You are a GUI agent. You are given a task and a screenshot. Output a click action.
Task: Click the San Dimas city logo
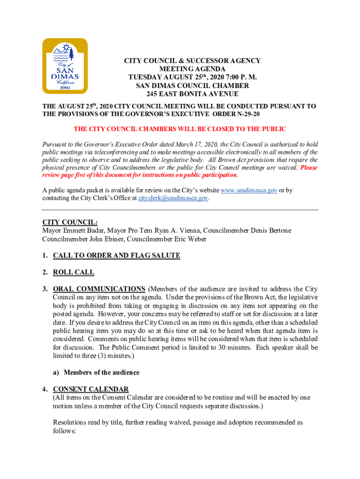(65, 66)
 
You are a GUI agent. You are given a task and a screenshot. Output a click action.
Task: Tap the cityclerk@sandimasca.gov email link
(173, 198)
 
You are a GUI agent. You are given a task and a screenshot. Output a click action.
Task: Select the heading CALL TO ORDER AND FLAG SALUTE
(116, 255)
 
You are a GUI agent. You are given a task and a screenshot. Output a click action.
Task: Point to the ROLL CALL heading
(73, 272)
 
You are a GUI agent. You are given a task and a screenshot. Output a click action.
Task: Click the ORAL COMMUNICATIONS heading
(99, 289)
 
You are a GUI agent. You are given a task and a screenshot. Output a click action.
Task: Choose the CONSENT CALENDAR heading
(91, 389)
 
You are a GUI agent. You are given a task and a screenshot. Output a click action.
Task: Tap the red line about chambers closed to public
(180, 129)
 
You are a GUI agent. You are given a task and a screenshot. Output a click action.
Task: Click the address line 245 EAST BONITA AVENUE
(192, 94)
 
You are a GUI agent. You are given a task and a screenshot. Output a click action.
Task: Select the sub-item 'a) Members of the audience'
(96, 372)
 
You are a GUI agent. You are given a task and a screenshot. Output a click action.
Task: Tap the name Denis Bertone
(270, 231)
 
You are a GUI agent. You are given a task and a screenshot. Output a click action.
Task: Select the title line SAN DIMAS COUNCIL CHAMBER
(192, 86)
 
